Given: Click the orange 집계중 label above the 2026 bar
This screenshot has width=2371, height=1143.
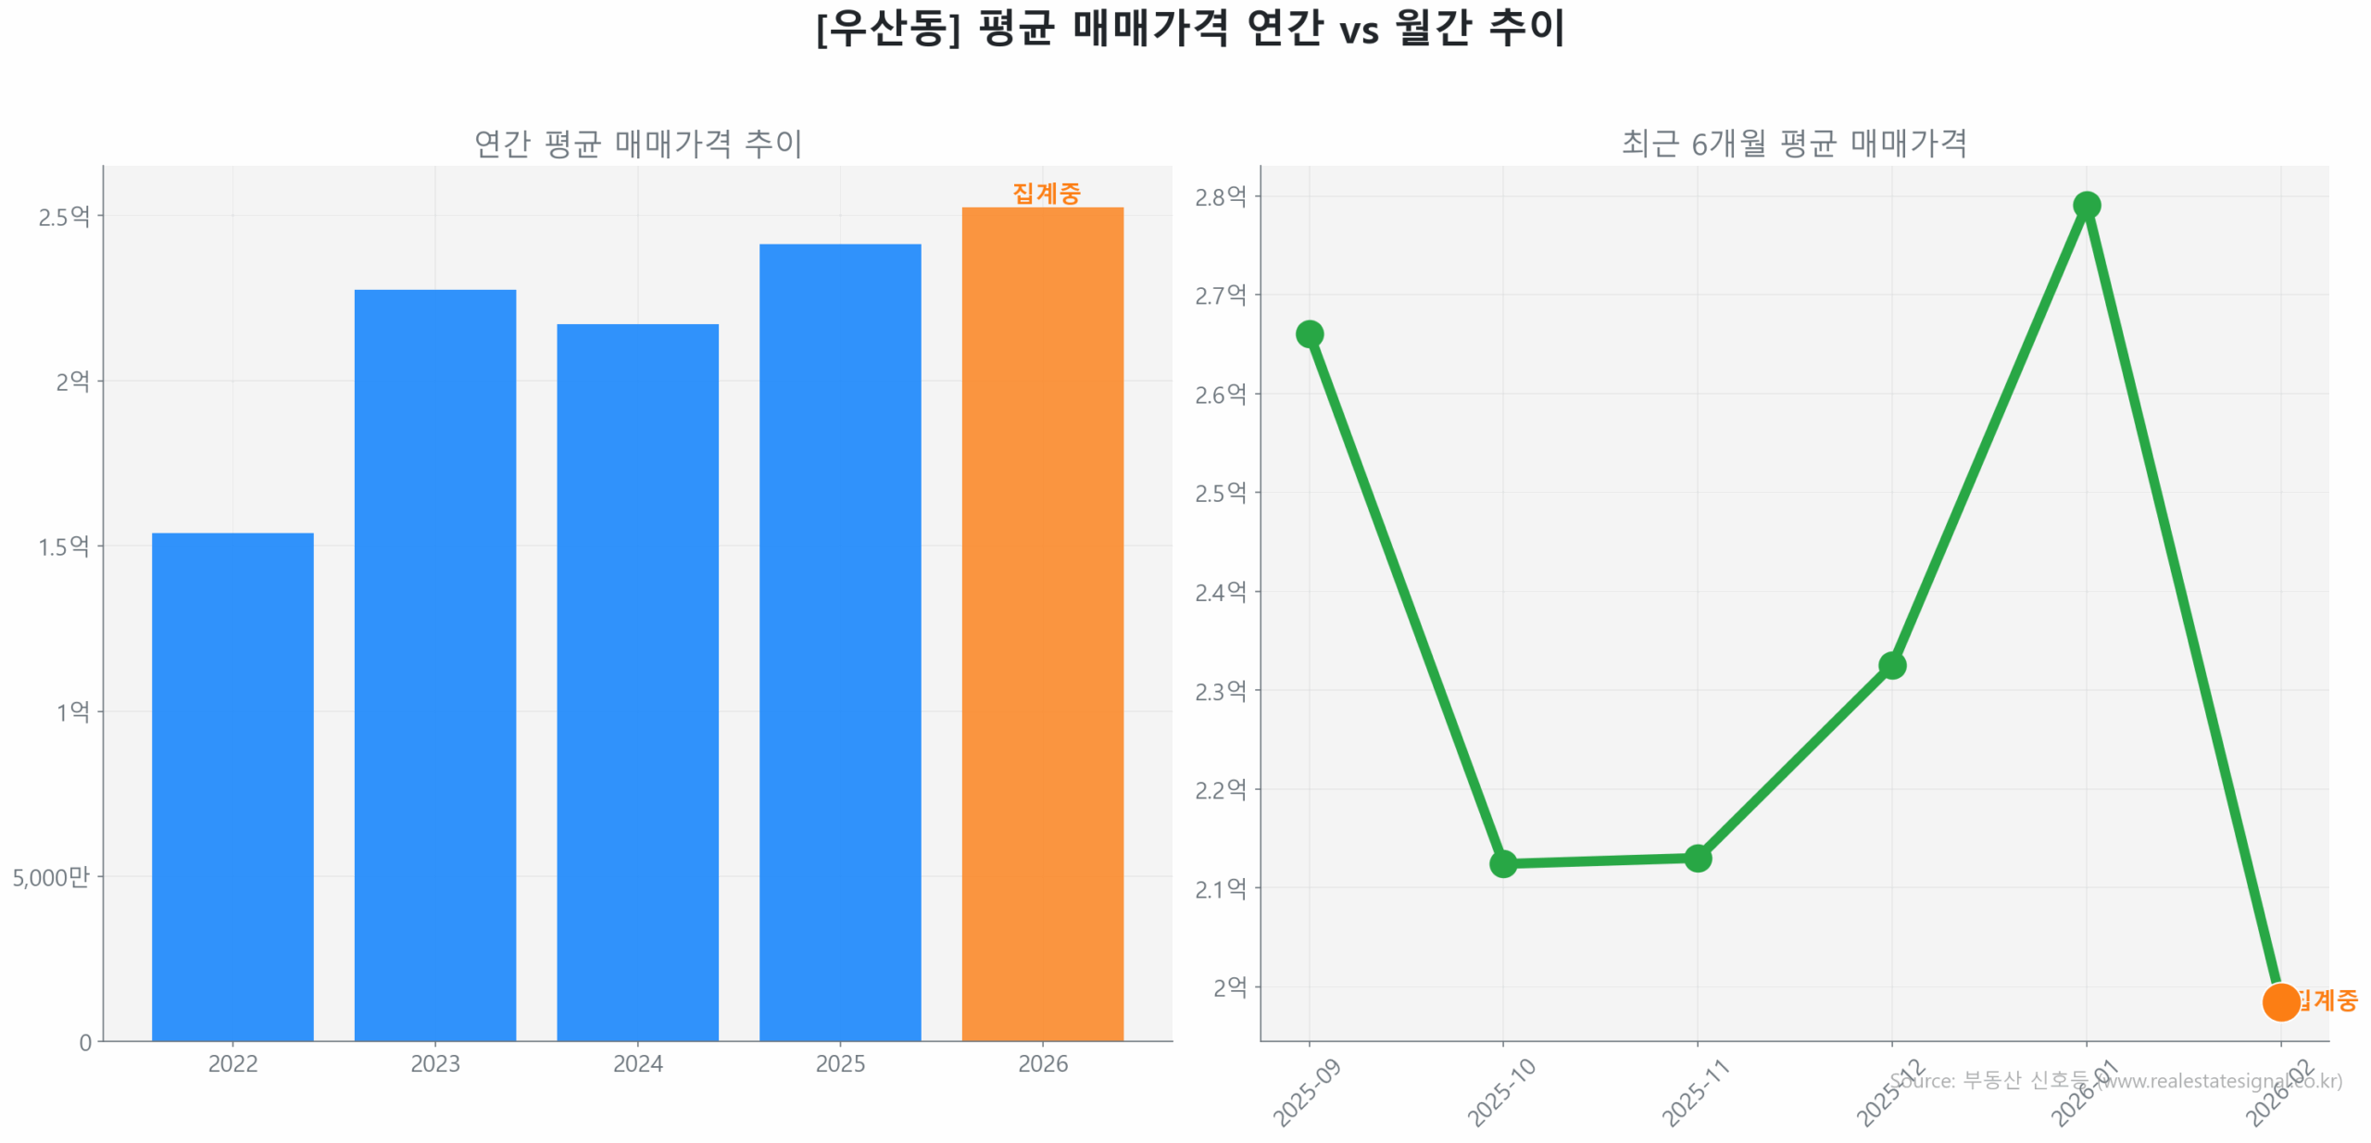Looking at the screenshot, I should pos(1046,193).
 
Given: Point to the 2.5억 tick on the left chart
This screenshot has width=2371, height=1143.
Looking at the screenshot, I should pos(64,217).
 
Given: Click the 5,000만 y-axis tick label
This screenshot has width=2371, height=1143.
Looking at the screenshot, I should pos(51,876).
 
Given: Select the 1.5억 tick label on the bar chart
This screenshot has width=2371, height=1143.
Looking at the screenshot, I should pos(64,546).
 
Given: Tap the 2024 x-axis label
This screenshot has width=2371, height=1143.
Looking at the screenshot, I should pos(637,1063).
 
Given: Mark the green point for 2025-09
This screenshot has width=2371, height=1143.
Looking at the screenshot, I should pos(1309,333).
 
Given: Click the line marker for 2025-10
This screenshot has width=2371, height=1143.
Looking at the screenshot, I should pos(1502,863).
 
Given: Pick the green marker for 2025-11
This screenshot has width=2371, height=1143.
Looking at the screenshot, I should pos(1697,858).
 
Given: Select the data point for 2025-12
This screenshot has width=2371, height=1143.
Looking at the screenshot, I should pos(1891,665).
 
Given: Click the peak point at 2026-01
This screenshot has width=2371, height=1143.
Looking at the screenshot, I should pos(2086,205).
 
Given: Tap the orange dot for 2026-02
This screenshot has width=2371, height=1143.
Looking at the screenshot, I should pos(2280,1001).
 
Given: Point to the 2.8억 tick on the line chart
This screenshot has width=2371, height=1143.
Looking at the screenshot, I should pos(1220,196).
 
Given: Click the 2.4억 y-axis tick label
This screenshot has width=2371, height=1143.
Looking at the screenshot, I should pos(1220,592).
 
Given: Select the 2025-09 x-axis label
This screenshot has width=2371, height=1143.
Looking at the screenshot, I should pos(1307,1093).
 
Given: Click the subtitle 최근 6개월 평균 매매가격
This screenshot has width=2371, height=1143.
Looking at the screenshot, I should pos(1794,144).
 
